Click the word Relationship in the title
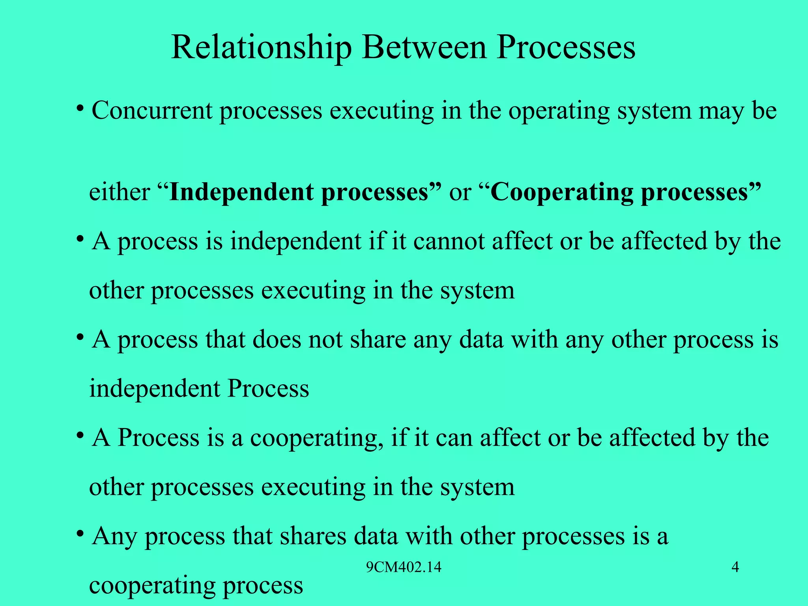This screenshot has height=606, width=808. [x=261, y=48]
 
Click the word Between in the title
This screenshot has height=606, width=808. [x=425, y=48]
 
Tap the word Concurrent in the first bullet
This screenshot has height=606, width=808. [x=152, y=111]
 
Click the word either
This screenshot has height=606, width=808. [x=119, y=193]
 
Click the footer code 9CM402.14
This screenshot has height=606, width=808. [x=404, y=567]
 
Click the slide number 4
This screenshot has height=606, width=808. [x=735, y=567]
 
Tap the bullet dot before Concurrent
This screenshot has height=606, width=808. [x=80, y=108]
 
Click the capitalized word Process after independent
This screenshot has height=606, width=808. [x=268, y=389]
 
